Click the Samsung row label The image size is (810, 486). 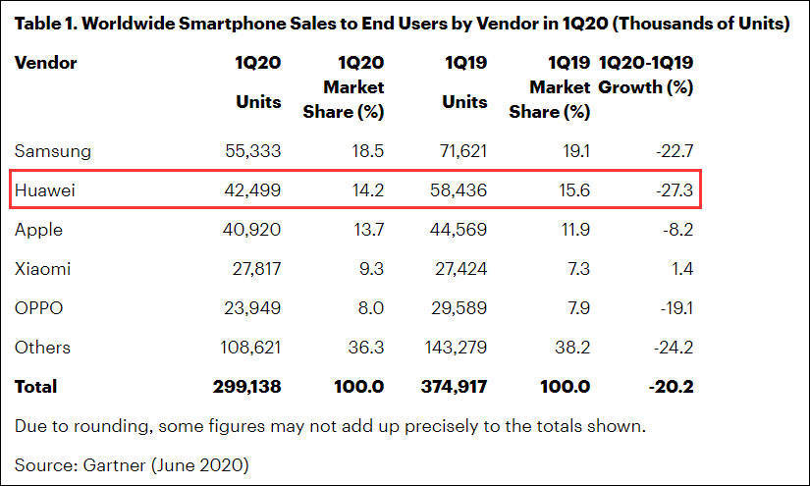coord(53,151)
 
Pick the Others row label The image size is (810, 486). coord(42,348)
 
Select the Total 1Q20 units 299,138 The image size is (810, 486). coord(246,387)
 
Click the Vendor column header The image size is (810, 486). coord(45,64)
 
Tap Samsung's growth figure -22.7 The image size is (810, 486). coord(674,151)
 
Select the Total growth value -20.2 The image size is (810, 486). coord(673,387)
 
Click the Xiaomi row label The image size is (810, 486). coord(42,269)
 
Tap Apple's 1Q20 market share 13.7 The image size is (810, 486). coord(366,230)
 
